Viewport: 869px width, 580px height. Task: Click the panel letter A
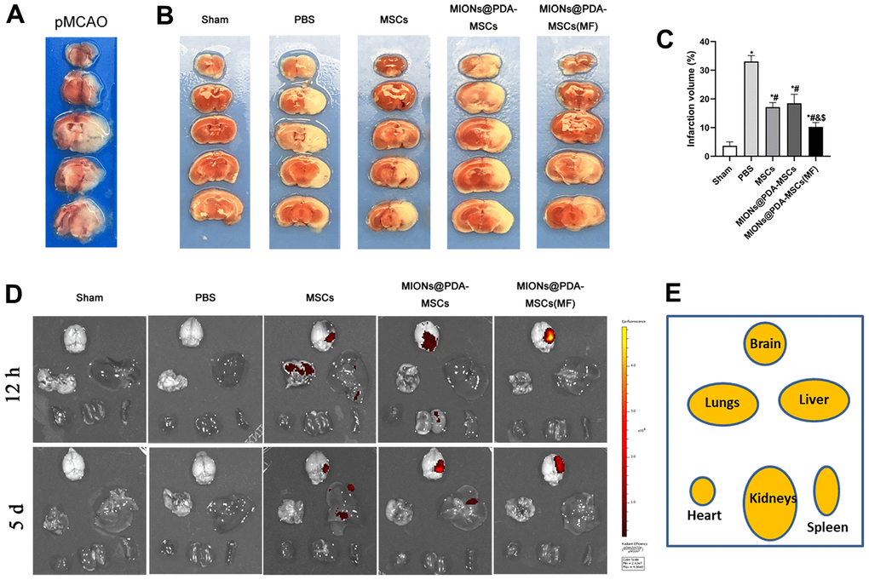[15, 17]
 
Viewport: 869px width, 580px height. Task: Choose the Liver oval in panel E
[814, 400]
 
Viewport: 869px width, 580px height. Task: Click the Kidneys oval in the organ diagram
[773, 502]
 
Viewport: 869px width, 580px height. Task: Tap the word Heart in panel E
[705, 515]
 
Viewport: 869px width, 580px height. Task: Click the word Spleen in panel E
[827, 527]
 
